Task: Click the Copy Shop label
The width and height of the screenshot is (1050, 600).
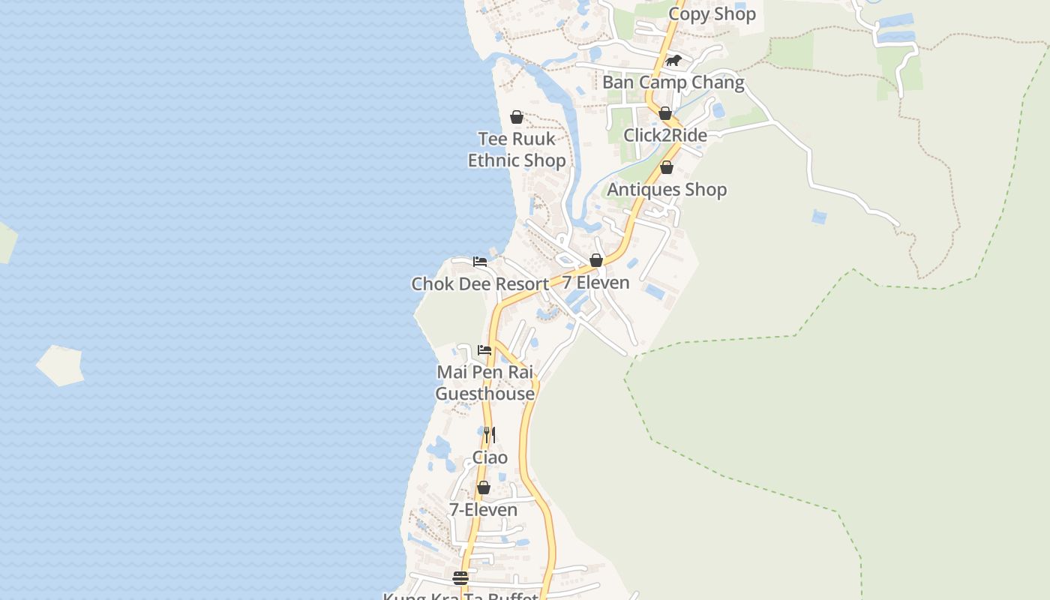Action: pos(712,14)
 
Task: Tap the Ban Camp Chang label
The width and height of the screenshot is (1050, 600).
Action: pos(673,82)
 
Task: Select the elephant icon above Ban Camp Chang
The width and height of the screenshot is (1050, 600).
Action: pos(673,61)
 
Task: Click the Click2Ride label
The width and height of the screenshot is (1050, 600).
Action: pos(665,136)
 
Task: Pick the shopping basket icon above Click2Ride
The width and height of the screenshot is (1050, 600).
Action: pos(665,113)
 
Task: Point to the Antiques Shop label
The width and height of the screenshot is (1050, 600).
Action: pos(667,190)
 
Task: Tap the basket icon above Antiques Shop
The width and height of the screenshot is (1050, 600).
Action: pos(667,167)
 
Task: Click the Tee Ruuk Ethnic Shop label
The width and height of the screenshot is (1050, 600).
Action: pos(517,149)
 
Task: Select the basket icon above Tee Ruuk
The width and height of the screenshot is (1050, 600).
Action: pos(517,117)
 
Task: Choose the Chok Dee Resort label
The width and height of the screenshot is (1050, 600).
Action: pos(480,284)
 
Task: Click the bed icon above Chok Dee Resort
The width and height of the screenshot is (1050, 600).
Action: pos(480,262)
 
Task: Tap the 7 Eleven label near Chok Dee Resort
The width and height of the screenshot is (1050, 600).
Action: pos(596,283)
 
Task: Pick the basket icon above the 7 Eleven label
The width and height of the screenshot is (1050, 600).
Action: pos(596,260)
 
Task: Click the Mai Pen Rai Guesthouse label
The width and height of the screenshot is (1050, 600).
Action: pos(485,382)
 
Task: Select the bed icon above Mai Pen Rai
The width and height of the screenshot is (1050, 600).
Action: pos(484,350)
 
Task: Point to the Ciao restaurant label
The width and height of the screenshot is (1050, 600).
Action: pos(490,457)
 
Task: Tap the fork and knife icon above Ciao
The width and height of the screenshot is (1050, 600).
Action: pos(490,435)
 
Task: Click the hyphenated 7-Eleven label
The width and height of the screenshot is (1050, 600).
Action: pos(483,510)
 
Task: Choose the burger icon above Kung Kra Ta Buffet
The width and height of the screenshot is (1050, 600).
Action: pos(460,578)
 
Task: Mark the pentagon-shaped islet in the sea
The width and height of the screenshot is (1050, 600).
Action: pos(60,365)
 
